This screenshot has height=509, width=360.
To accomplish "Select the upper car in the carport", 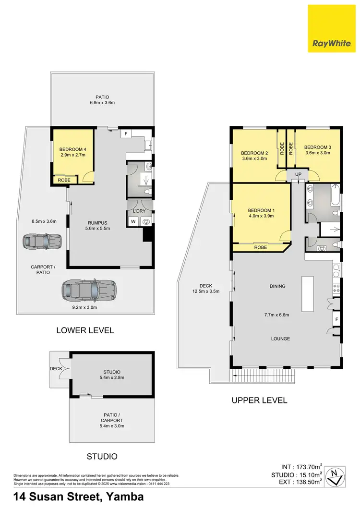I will [x=43, y=241].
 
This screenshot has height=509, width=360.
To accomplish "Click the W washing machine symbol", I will [x=133, y=221].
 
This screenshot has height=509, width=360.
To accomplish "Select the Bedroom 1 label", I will [x=261, y=210].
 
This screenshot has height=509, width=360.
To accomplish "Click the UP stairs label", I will [x=298, y=174].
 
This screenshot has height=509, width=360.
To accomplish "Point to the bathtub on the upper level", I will [x=335, y=197].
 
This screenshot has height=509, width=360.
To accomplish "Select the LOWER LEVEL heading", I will [x=85, y=330].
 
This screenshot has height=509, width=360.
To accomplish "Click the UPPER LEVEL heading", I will [x=259, y=400].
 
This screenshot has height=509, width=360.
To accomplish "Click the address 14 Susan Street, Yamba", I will [x=79, y=497].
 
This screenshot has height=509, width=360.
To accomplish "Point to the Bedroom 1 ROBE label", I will [x=261, y=247].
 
